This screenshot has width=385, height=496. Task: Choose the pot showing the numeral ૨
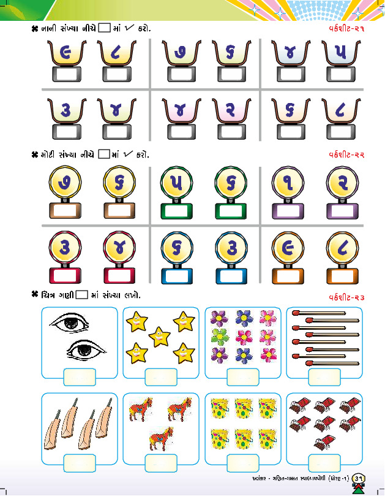click(229, 111)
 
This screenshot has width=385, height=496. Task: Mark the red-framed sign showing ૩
click(65, 246)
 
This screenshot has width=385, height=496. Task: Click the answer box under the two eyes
click(79, 376)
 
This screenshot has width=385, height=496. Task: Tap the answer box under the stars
click(161, 376)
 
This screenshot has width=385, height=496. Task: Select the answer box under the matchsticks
click(324, 376)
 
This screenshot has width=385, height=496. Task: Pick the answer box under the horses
click(161, 462)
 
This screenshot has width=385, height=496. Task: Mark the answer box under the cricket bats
click(79, 462)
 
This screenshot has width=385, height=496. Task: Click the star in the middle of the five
click(159, 336)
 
